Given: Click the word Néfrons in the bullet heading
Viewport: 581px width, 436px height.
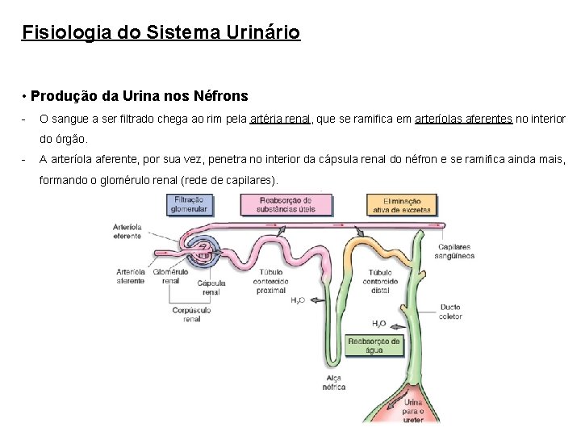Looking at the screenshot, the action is tap(221, 96).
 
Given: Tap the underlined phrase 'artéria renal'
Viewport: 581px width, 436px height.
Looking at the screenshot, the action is tap(280, 119).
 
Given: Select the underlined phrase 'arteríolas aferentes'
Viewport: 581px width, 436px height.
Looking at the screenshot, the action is tap(463, 119).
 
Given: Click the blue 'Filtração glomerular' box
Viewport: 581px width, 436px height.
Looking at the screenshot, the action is tap(189, 204).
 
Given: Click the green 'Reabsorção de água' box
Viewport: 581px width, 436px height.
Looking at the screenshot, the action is tap(374, 346).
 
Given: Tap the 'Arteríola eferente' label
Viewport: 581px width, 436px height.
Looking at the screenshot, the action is tap(127, 232).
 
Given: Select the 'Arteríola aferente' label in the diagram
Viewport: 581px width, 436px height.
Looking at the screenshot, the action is tap(131, 276).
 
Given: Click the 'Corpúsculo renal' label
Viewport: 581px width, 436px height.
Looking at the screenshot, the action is tap(192, 314).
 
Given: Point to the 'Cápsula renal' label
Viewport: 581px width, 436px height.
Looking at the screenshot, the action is tap(211, 287).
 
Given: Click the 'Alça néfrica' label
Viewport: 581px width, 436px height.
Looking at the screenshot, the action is tap(333, 382).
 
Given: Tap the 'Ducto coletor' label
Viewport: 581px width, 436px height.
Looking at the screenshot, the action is tap(451, 312).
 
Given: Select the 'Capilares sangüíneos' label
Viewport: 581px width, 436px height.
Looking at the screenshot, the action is tap(456, 251).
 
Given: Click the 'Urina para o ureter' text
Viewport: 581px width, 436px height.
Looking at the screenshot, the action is tap(413, 409).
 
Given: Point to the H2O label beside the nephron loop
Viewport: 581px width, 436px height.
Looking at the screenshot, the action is tap(298, 300).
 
